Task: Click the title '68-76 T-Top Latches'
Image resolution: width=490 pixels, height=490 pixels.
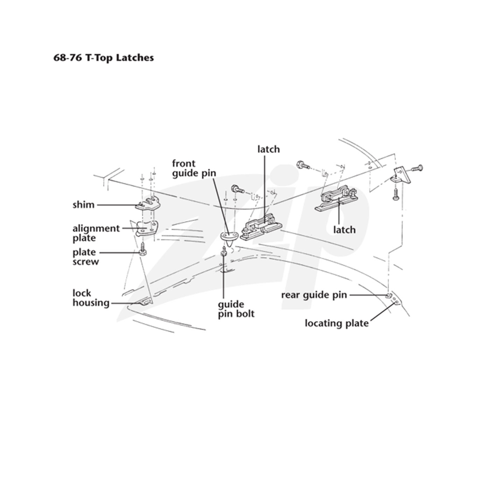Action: pyautogui.click(x=104, y=58)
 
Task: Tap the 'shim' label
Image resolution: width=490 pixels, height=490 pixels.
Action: pyautogui.click(x=83, y=205)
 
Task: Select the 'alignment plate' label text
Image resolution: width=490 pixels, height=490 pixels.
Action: pyautogui.click(x=96, y=233)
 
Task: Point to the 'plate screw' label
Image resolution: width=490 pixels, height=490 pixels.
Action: pyautogui.click(x=85, y=257)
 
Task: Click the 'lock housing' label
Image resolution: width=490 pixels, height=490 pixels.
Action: pyautogui.click(x=91, y=298)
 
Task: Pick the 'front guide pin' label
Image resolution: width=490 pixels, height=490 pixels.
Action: pyautogui.click(x=194, y=168)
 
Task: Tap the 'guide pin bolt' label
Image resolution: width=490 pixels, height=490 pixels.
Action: pyautogui.click(x=236, y=309)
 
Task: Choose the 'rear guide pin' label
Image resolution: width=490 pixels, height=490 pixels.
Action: pyautogui.click(x=314, y=295)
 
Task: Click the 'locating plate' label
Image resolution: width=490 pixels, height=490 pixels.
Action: pyautogui.click(x=337, y=323)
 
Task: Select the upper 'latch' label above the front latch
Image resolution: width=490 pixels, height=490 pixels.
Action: pyautogui.click(x=268, y=149)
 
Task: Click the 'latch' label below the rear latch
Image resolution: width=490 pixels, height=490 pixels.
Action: pyautogui.click(x=344, y=230)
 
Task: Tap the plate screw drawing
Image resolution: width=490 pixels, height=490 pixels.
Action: pyautogui.click(x=142, y=250)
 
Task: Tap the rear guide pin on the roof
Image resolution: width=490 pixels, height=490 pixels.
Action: pyautogui.click(x=388, y=295)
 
